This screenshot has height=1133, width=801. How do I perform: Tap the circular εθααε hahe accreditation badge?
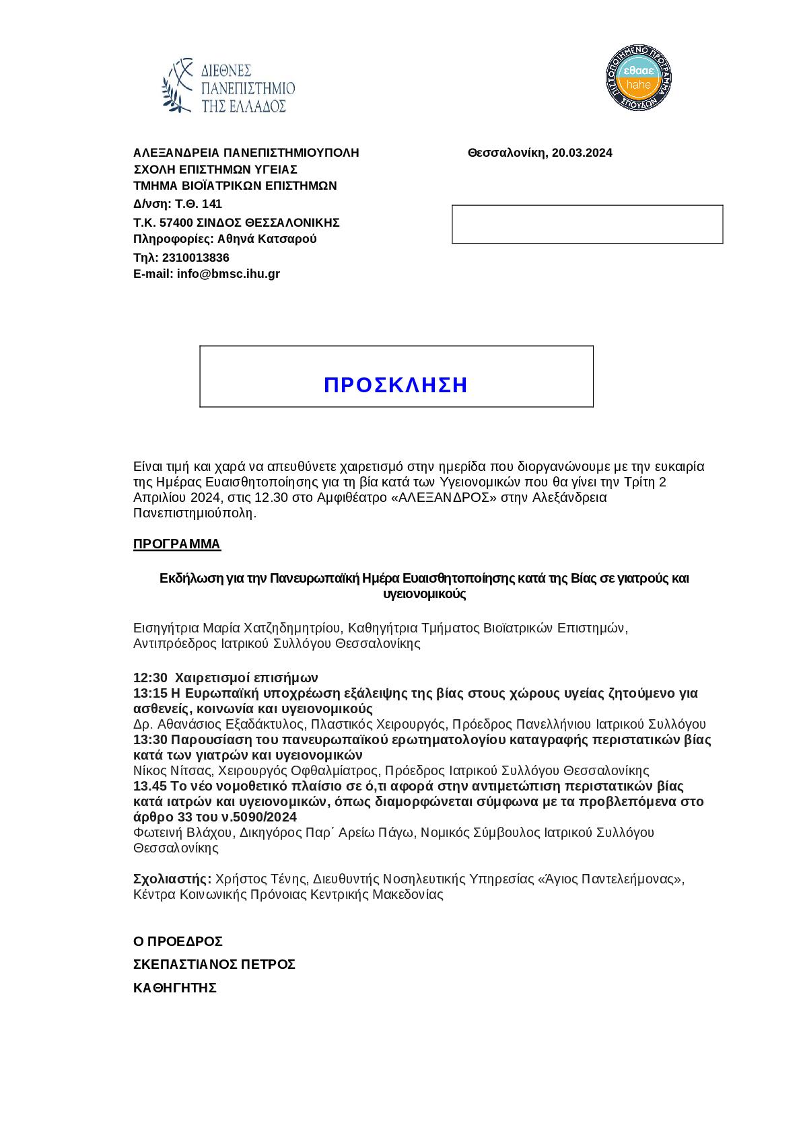(x=638, y=78)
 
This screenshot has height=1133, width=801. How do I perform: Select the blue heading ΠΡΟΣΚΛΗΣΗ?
(x=396, y=385)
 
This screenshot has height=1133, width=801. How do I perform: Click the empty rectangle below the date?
(x=587, y=224)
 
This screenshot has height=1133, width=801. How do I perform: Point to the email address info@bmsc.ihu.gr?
(x=228, y=274)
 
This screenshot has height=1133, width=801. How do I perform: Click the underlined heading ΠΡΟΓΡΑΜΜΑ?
(x=177, y=544)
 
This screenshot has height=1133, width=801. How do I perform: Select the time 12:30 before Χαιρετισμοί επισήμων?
(x=150, y=678)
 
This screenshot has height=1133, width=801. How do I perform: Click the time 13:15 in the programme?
(x=150, y=693)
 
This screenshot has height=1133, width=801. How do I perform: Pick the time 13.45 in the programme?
(x=150, y=786)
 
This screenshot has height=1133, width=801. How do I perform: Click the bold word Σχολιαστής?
(x=172, y=879)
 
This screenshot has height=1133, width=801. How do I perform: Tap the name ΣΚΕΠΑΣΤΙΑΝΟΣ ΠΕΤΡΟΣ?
(x=215, y=965)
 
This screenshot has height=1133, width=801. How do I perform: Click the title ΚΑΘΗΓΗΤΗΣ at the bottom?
(x=175, y=988)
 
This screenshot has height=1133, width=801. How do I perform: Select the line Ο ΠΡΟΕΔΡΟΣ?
(x=178, y=941)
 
